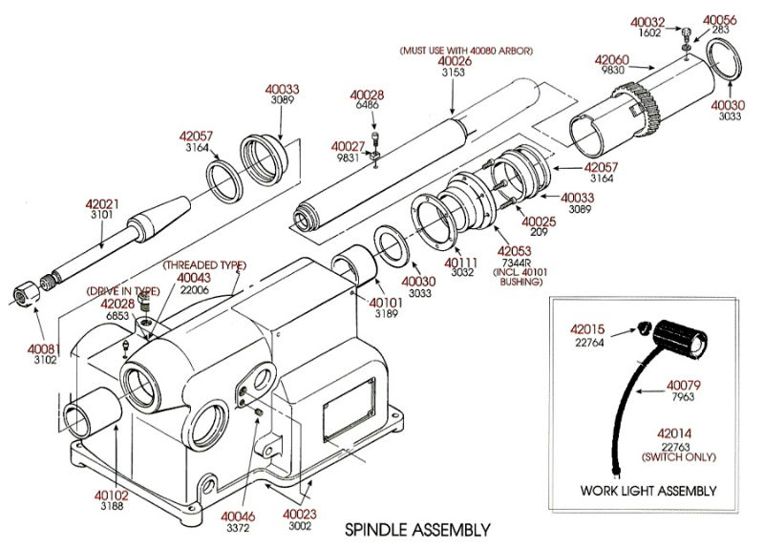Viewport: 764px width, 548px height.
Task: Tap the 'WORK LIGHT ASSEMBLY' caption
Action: pos(648,491)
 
